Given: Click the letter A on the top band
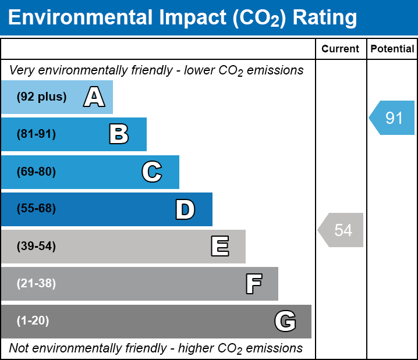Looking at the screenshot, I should tap(94, 97).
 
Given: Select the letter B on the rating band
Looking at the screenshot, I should tap(119, 134).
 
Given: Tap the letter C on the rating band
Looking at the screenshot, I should tap(152, 172).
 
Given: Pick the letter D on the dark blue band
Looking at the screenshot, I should tap(185, 209).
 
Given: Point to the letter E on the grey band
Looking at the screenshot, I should tap(219, 247).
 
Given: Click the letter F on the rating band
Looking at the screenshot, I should tap(253, 284).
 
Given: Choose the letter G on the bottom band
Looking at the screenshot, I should tap(285, 321).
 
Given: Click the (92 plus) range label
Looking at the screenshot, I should tap(41, 97).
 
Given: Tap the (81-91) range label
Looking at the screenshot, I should tap(36, 134).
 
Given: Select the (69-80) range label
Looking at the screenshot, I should tap(36, 172).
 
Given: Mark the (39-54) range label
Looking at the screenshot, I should tap(36, 247).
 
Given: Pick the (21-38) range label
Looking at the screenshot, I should tap(36, 284).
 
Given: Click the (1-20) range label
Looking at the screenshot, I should tap(33, 321).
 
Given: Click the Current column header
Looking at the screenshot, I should tap(341, 49).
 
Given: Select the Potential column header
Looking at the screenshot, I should tap(392, 49).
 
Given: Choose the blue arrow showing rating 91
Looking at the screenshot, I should tap(392, 118).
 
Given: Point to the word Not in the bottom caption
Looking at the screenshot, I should tap(19, 348).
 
